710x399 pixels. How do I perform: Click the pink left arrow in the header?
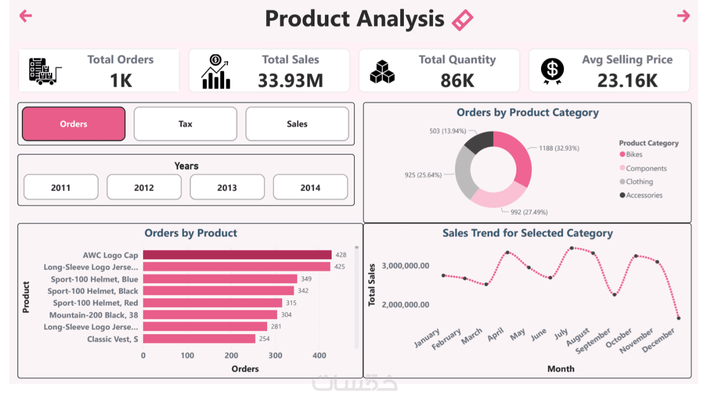point(25,16)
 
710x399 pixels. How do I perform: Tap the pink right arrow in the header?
point(683,16)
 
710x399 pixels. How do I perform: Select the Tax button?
point(185,124)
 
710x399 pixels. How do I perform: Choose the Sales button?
point(297,124)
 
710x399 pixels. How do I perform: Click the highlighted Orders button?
point(74,124)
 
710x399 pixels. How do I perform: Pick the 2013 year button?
point(227,188)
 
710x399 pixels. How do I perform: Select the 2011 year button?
point(61,188)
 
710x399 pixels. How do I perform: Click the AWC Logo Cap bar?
point(237,255)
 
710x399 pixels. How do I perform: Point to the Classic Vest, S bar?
point(199,339)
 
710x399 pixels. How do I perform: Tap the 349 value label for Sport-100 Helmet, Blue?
point(306,279)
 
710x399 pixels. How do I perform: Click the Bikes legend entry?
point(634,154)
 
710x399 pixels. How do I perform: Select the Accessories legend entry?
point(644,195)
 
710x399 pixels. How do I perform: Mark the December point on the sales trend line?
point(679,318)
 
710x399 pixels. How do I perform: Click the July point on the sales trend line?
point(571,248)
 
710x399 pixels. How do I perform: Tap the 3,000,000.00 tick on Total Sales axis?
point(405,265)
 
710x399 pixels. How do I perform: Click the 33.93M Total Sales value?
point(291,80)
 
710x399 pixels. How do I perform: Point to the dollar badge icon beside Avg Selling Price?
point(552,71)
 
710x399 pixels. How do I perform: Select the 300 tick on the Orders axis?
point(275,356)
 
